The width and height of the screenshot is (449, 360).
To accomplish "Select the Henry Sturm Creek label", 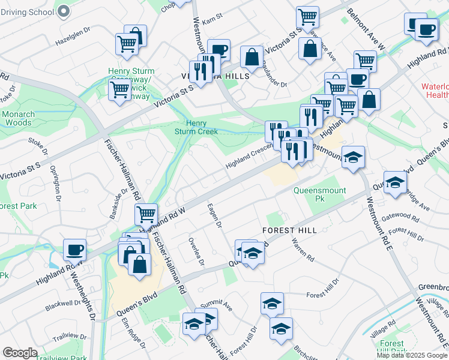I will [x=196, y=127].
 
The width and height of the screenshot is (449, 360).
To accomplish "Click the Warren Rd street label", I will [x=303, y=250].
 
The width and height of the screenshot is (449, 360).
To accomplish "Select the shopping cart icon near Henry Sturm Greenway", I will [x=119, y=89].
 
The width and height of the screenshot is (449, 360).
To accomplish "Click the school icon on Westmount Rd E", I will [x=354, y=157].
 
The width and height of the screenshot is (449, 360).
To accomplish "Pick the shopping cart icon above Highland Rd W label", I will [x=146, y=214].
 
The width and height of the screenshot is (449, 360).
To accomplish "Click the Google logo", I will [x=20, y=353].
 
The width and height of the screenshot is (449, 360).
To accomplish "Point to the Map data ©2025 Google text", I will [x=412, y=355].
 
